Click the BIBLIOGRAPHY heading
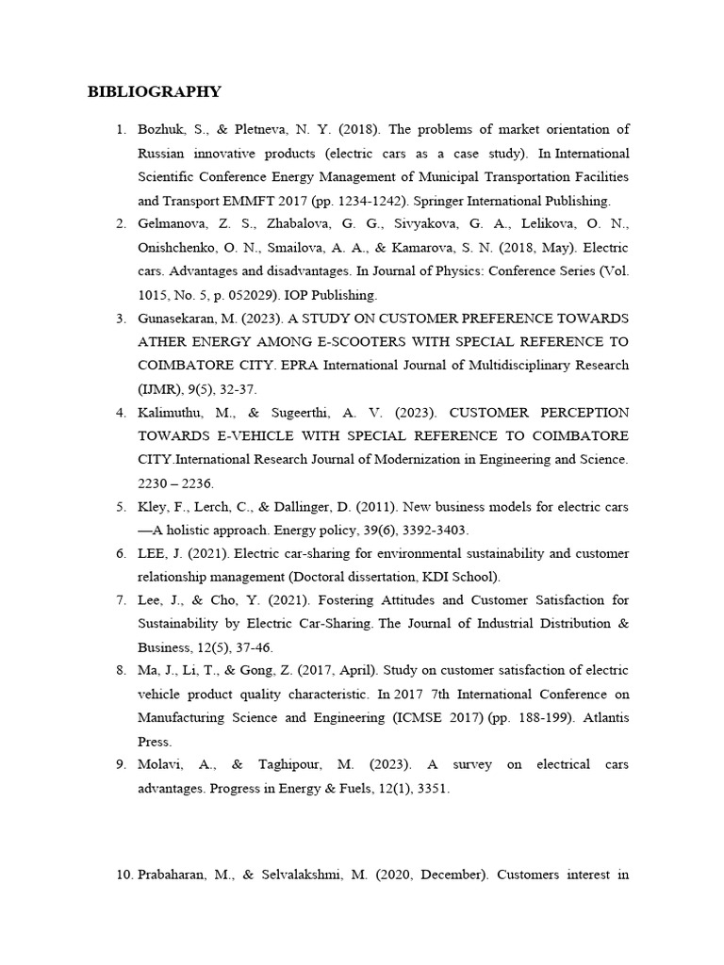155,91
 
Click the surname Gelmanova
173,224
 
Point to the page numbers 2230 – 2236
174,483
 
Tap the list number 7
121,601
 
